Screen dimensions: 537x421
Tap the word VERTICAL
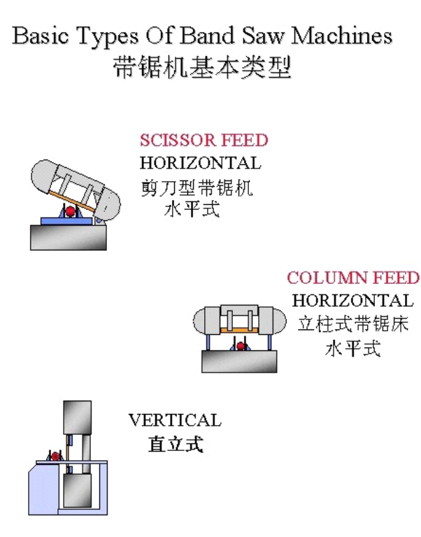tap(175, 420)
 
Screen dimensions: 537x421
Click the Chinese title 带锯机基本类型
tap(202, 68)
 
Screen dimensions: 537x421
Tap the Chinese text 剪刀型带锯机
tap(196, 187)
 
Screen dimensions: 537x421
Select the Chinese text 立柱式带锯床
tap(352, 325)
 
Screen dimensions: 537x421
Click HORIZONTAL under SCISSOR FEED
tap(200, 164)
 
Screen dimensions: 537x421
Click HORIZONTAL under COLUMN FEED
tap(352, 301)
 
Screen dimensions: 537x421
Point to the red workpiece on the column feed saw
tap(241, 345)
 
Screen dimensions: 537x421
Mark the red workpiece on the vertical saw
tap(55, 456)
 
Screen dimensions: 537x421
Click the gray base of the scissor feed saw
tap(68, 237)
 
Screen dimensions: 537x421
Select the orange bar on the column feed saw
tap(240, 329)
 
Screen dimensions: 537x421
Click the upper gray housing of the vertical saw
tap(77, 417)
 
